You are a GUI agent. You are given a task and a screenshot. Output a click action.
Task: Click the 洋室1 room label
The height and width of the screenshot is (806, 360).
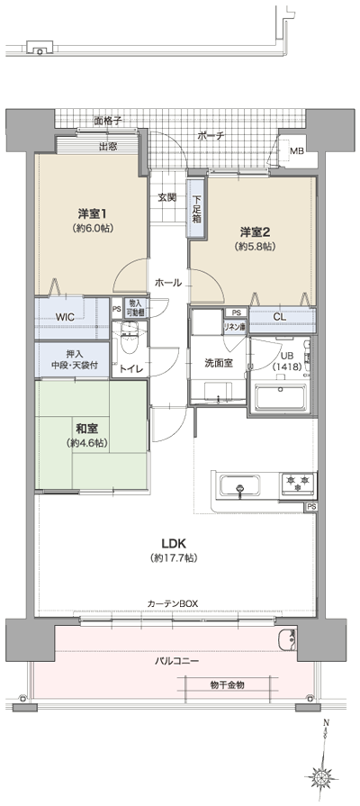click(93, 213)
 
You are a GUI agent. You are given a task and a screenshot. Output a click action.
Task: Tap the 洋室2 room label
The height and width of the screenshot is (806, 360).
click(255, 231)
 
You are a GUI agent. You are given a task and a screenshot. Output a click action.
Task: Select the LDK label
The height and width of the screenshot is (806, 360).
click(174, 543)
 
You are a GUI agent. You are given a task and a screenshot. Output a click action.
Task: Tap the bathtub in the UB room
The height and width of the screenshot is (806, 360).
click(282, 396)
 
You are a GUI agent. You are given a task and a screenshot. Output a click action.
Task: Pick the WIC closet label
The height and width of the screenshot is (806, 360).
click(65, 317)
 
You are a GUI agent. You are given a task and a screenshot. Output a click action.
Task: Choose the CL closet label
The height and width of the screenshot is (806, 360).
click(280, 316)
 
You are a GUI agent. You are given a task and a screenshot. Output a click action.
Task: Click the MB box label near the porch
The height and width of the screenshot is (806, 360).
click(296, 150)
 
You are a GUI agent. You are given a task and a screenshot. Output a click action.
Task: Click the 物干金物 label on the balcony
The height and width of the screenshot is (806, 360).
click(227, 685)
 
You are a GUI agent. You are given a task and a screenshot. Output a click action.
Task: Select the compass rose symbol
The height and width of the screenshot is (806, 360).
click(321, 777)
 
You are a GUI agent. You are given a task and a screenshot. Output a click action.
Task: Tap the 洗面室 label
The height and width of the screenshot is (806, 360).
click(218, 362)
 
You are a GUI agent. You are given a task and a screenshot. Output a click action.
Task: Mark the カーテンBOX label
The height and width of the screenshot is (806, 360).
click(174, 603)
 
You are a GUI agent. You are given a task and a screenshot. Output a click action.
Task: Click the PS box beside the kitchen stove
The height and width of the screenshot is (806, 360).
click(311, 507)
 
